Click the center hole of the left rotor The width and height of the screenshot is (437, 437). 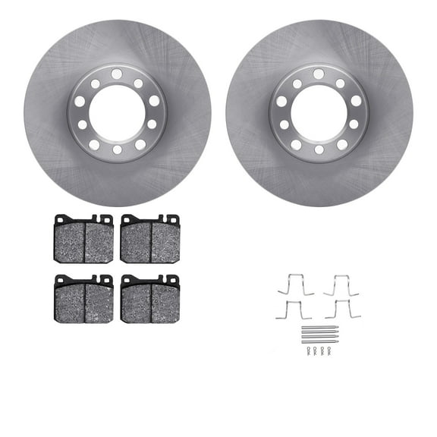tap(117, 112)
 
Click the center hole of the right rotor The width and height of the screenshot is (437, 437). tap(319, 112)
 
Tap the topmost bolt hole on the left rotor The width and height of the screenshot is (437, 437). tap(117, 74)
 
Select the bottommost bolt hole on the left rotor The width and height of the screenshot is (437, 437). tap(117, 150)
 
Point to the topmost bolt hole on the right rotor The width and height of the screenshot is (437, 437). tap(319, 74)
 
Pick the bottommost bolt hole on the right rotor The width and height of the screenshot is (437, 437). tap(319, 150)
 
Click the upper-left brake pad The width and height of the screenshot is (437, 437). tap(83, 240)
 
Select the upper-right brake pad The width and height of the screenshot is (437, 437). tap(149, 240)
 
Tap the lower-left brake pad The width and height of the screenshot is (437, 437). tap(83, 299)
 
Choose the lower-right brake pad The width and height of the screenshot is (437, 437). tap(149, 299)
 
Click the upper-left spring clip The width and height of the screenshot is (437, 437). tap(295, 285)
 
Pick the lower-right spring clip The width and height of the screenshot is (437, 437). tap(342, 310)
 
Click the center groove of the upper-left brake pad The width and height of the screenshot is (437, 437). tap(84, 242)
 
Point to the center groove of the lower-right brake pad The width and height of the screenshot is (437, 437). tap(151, 302)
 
